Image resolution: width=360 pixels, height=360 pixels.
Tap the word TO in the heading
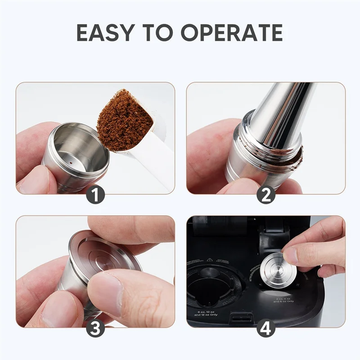[164, 33]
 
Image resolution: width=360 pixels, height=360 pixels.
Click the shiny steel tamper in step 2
[279, 117]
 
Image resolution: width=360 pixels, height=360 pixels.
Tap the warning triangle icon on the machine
[209, 261]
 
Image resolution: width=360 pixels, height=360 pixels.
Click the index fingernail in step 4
[291, 255]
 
